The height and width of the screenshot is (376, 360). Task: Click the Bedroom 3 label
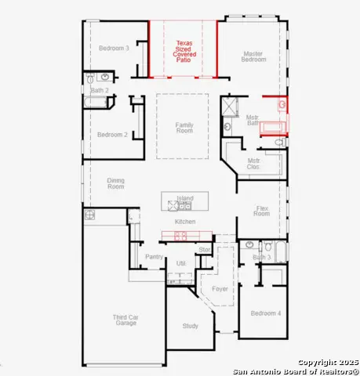click(x=114, y=49)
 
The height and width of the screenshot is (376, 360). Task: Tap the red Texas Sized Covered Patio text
click(x=183, y=51)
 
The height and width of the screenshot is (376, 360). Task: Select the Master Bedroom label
click(x=253, y=56)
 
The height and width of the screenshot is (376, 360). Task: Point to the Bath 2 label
click(x=100, y=91)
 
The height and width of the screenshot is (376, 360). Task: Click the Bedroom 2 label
click(x=112, y=135)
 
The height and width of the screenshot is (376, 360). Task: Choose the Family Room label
click(x=184, y=127)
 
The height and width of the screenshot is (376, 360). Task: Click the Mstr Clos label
click(x=253, y=163)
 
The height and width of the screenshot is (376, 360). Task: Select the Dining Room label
click(x=115, y=184)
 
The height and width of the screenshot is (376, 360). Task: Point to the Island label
click(x=184, y=198)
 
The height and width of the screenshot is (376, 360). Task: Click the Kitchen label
click(x=185, y=222)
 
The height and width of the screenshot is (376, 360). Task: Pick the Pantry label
click(x=154, y=256)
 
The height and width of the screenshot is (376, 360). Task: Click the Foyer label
click(x=220, y=289)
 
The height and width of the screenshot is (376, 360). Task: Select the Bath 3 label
click(x=263, y=257)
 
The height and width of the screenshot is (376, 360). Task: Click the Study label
click(x=190, y=325)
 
